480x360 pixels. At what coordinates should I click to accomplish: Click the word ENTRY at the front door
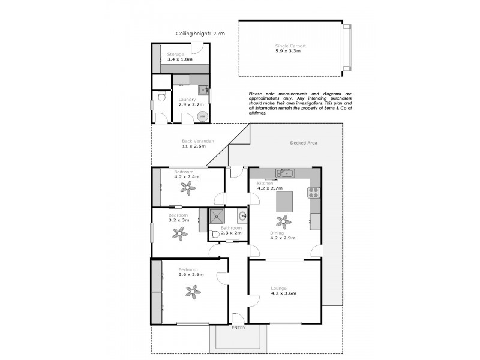tap(238, 328)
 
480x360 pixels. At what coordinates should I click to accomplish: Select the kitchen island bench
tap(285, 202)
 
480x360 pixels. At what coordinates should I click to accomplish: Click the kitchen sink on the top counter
tap(285, 174)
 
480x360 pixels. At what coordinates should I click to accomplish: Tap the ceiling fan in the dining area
tap(285, 221)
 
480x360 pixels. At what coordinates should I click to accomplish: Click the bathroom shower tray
tap(216, 216)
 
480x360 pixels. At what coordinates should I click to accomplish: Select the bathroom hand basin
tap(241, 215)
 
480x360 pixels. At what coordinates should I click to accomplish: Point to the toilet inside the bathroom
tap(214, 235)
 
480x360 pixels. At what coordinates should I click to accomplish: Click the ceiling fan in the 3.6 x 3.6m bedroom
tap(193, 292)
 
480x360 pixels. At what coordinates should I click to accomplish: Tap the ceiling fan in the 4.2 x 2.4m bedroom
tap(189, 189)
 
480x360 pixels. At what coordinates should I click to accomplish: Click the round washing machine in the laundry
tap(202, 116)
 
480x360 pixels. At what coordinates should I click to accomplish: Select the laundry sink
tap(203, 92)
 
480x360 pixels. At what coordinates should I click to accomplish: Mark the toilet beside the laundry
tap(160, 97)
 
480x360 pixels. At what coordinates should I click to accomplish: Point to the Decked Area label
tap(303, 143)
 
